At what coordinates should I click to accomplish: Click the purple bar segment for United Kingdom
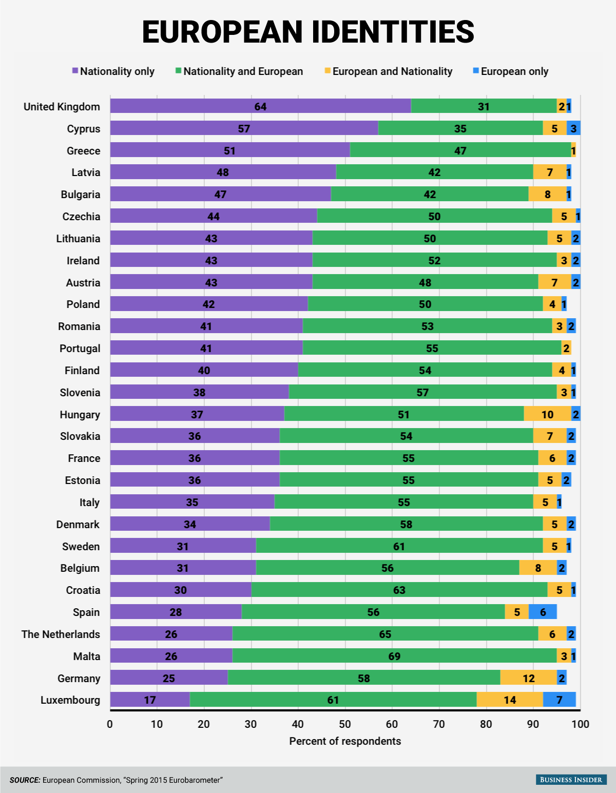(x=260, y=106)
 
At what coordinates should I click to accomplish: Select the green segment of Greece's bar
(x=460, y=150)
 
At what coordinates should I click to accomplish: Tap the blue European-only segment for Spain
(x=543, y=612)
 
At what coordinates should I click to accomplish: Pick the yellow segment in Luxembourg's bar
(x=509, y=700)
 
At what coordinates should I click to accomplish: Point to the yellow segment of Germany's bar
(x=528, y=678)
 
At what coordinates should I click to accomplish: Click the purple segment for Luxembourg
(x=149, y=700)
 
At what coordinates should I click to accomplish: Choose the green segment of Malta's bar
(x=394, y=656)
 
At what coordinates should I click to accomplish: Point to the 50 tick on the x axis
(x=345, y=724)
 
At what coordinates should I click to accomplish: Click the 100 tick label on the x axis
(x=581, y=724)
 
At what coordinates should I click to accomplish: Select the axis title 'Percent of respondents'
(x=345, y=741)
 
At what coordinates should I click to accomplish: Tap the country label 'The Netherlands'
(x=61, y=634)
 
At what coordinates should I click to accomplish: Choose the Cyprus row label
(x=84, y=129)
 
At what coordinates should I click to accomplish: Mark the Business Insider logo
(x=571, y=780)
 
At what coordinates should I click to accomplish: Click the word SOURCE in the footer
(x=25, y=780)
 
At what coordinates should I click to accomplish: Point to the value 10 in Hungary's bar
(x=547, y=414)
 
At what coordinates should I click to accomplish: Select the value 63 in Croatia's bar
(x=399, y=590)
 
